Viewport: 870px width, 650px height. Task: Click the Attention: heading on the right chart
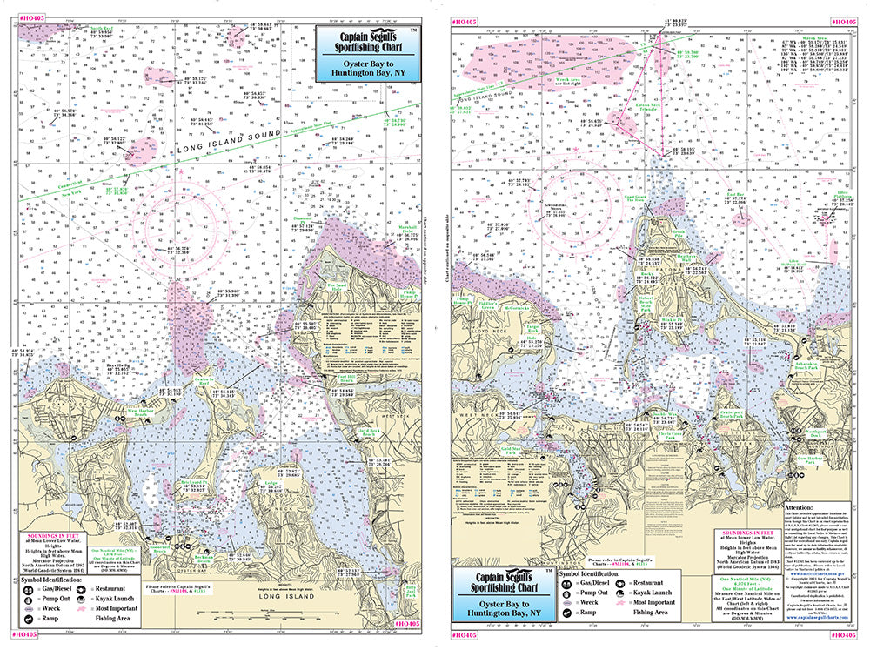[x=800, y=504]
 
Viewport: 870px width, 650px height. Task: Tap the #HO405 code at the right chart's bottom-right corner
[x=844, y=637]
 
